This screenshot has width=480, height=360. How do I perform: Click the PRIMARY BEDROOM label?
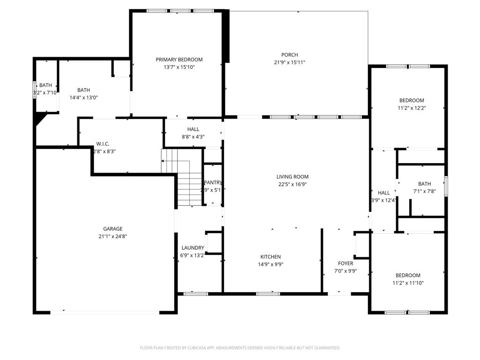[179, 60]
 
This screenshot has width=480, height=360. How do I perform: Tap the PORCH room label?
[289, 55]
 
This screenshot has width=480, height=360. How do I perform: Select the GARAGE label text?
[113, 229]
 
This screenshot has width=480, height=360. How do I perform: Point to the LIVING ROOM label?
[292, 177]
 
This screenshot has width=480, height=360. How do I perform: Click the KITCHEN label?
[270, 256]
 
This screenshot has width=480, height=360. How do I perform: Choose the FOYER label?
[345, 263]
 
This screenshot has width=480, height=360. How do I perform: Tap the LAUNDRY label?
[193, 248]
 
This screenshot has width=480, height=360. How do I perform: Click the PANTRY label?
[213, 182]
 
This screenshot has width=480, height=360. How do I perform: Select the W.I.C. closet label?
[103, 144]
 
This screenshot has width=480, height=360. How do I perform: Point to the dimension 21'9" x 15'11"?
[290, 62]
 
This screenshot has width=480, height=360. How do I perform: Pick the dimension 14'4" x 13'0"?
[83, 97]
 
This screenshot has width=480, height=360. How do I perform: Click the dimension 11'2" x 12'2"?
[412, 108]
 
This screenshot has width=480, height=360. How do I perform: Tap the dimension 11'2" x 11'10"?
[408, 283]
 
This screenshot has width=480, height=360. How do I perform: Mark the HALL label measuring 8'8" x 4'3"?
[193, 129]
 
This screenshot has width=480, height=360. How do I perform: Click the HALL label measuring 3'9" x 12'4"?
[383, 193]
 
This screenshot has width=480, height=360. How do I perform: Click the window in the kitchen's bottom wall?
[265, 294]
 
